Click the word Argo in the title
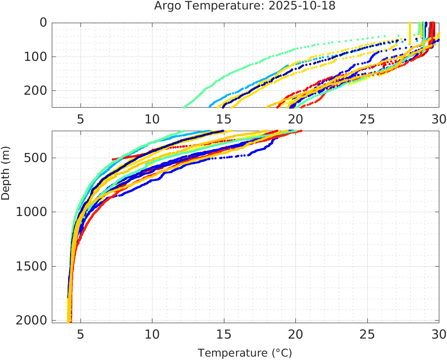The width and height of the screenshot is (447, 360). click(x=165, y=6)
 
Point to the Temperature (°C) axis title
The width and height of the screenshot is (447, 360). click(x=245, y=353)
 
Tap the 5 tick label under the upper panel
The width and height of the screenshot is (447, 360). click(x=80, y=119)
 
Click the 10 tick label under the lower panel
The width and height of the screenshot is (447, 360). click(x=152, y=333)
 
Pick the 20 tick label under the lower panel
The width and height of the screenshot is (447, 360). click(x=295, y=333)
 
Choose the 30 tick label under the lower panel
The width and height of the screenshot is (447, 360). click(x=438, y=333)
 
